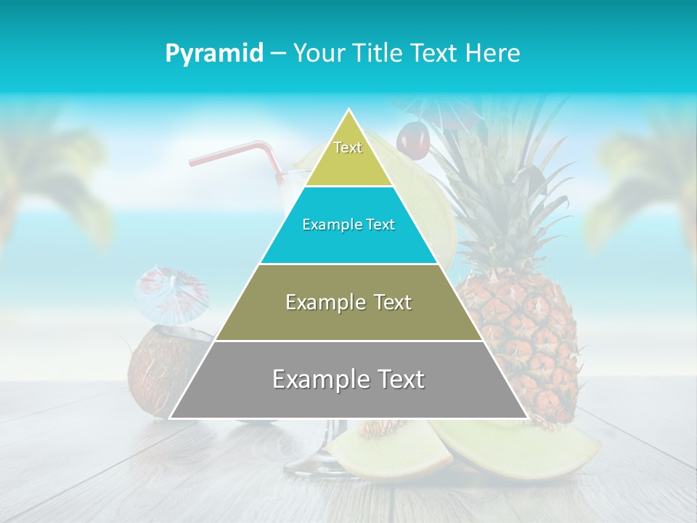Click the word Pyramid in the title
[x=213, y=54]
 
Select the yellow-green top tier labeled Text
[x=348, y=156]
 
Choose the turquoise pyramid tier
[x=348, y=236]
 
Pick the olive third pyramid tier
[x=348, y=312]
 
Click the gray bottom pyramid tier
[x=348, y=392]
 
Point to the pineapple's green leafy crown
[x=501, y=189]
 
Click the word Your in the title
[x=319, y=54]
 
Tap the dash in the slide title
[x=277, y=54]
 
